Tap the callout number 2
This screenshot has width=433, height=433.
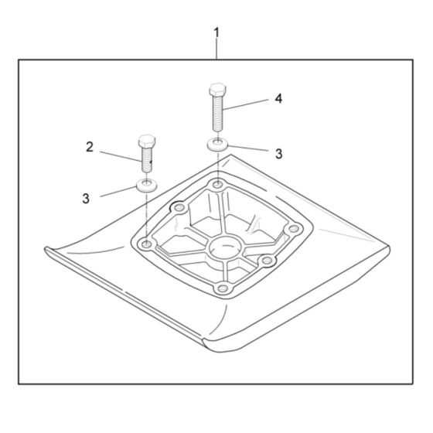point(90,147)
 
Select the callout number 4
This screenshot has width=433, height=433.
point(278,100)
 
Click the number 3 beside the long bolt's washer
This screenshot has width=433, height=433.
point(279,154)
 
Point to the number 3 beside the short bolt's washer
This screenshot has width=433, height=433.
point(87,199)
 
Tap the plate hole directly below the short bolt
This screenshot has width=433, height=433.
point(146,244)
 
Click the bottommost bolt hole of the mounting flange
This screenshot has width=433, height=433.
point(223,289)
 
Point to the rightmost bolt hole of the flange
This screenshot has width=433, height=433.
point(293,228)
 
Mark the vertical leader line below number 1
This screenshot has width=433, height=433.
point(216,49)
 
